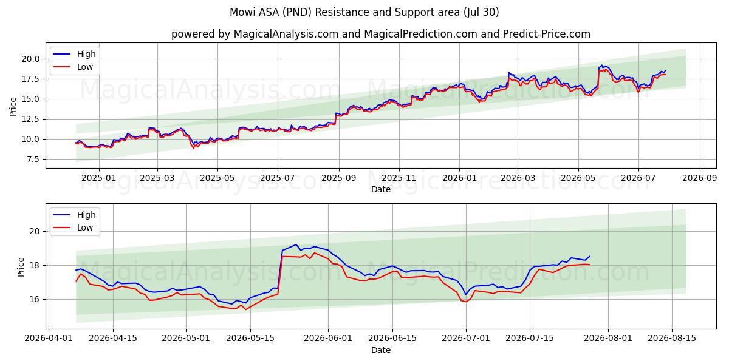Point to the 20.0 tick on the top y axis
30,59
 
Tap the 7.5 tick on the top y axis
33,159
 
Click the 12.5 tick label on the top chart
30,120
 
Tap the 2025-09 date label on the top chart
339,178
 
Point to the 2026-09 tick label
699,178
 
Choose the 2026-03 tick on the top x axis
518,178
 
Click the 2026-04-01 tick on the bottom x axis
49,339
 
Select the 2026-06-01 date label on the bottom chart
328,339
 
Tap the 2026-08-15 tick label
672,339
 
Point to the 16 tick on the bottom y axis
35,299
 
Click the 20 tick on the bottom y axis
35,231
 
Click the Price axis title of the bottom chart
21,267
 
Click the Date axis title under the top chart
381,189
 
